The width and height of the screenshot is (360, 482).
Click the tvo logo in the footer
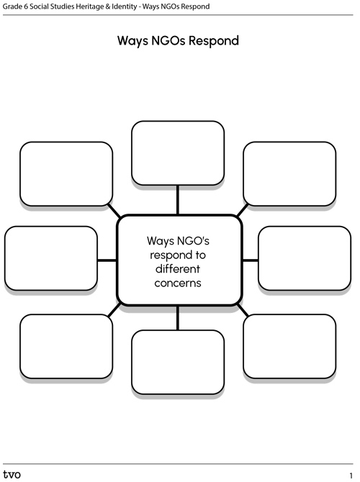(12, 474)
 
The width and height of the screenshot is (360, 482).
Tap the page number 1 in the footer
(351, 476)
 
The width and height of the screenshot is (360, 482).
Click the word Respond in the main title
(214, 41)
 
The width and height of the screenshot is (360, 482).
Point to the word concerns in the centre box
(178, 283)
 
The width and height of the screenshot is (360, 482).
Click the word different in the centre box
(178, 268)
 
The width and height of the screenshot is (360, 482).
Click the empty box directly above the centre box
(178, 153)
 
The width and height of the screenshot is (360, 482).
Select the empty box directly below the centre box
(178, 362)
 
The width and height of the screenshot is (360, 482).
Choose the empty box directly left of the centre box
(51, 258)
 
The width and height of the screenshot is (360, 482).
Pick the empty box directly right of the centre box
(305, 258)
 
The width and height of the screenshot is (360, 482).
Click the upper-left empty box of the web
(66, 174)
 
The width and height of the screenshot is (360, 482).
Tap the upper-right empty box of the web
(289, 174)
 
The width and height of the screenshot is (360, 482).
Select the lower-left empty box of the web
(66, 347)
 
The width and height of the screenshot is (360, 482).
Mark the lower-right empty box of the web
(289, 347)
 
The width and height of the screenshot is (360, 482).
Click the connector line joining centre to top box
(178, 200)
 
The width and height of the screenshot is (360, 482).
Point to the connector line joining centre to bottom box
(178, 318)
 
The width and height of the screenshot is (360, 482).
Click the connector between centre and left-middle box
(107, 260)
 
